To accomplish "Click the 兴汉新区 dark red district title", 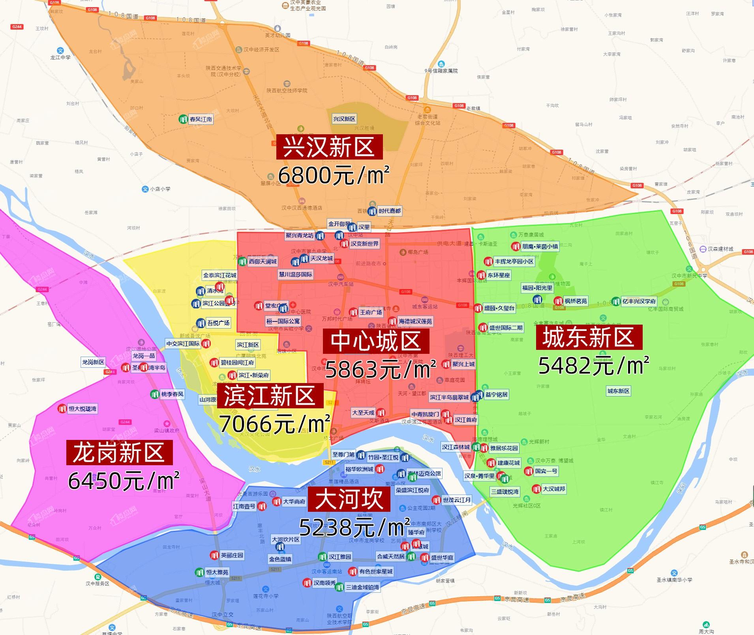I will (x=329, y=147).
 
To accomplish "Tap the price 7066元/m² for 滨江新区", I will (x=275, y=424).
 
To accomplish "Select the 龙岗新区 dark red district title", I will (x=119, y=453).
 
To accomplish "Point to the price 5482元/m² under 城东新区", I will (x=594, y=365).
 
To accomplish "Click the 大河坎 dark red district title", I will (x=349, y=499).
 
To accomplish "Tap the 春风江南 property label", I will (x=201, y=119).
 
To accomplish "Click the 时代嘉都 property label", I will (x=390, y=211).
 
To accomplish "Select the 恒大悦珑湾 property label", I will (x=83, y=409).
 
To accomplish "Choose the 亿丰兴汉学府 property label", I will (x=639, y=301).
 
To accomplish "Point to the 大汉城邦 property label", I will (x=554, y=489).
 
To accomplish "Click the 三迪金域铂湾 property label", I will (x=362, y=587).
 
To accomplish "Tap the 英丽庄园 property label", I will (x=232, y=555).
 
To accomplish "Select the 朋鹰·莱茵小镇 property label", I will (x=540, y=246).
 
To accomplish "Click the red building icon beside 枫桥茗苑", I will (x=558, y=301).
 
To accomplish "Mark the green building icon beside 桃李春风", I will (x=155, y=394).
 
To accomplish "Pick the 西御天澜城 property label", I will (x=263, y=261).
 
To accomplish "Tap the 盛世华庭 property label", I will (x=442, y=558).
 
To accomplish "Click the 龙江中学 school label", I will (x=60, y=57).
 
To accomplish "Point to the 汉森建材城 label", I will (x=720, y=249).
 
